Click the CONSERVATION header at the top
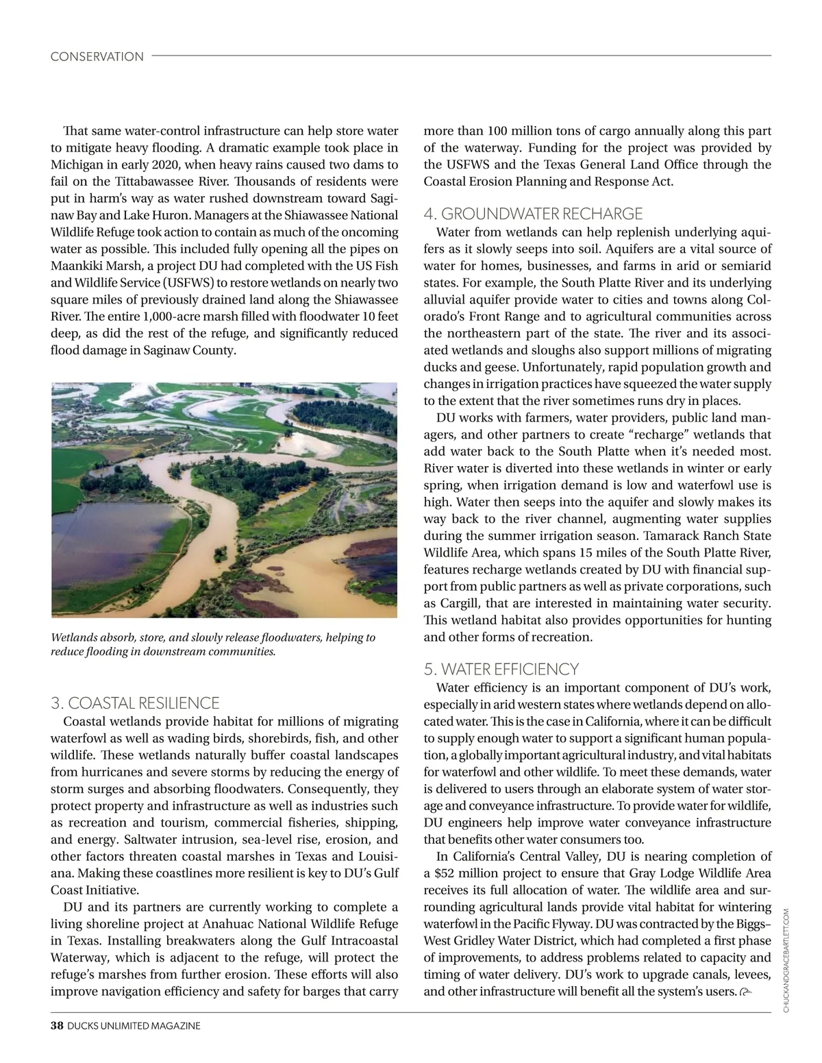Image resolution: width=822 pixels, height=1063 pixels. tap(97, 57)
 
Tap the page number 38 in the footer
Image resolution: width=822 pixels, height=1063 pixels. tap(57, 1025)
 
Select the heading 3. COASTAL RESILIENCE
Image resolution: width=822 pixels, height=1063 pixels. tap(135, 703)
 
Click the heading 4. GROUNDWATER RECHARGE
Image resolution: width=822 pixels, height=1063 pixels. tap(533, 214)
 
